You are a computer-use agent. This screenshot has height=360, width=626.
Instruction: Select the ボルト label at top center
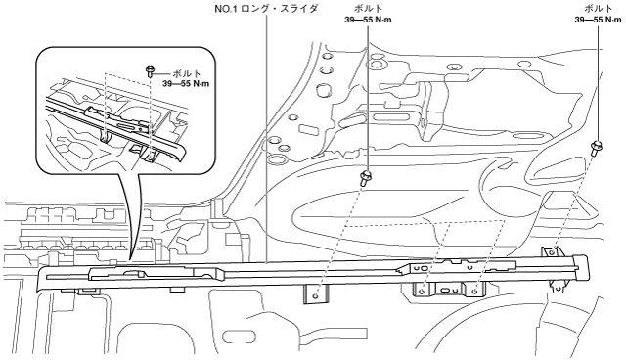click(x=368, y=8)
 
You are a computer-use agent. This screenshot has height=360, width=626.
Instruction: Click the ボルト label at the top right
click(x=598, y=8)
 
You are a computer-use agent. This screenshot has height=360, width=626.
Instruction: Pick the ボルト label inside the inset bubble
click(x=187, y=73)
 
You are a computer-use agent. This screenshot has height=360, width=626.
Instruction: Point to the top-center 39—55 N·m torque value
click(x=368, y=20)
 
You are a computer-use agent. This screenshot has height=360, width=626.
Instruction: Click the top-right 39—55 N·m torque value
click(x=598, y=20)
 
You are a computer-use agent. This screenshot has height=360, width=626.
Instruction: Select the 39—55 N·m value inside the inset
click(x=186, y=84)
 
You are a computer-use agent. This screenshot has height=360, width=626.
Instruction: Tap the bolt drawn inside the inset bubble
click(x=150, y=71)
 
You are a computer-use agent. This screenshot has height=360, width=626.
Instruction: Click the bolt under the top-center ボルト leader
click(x=365, y=178)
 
